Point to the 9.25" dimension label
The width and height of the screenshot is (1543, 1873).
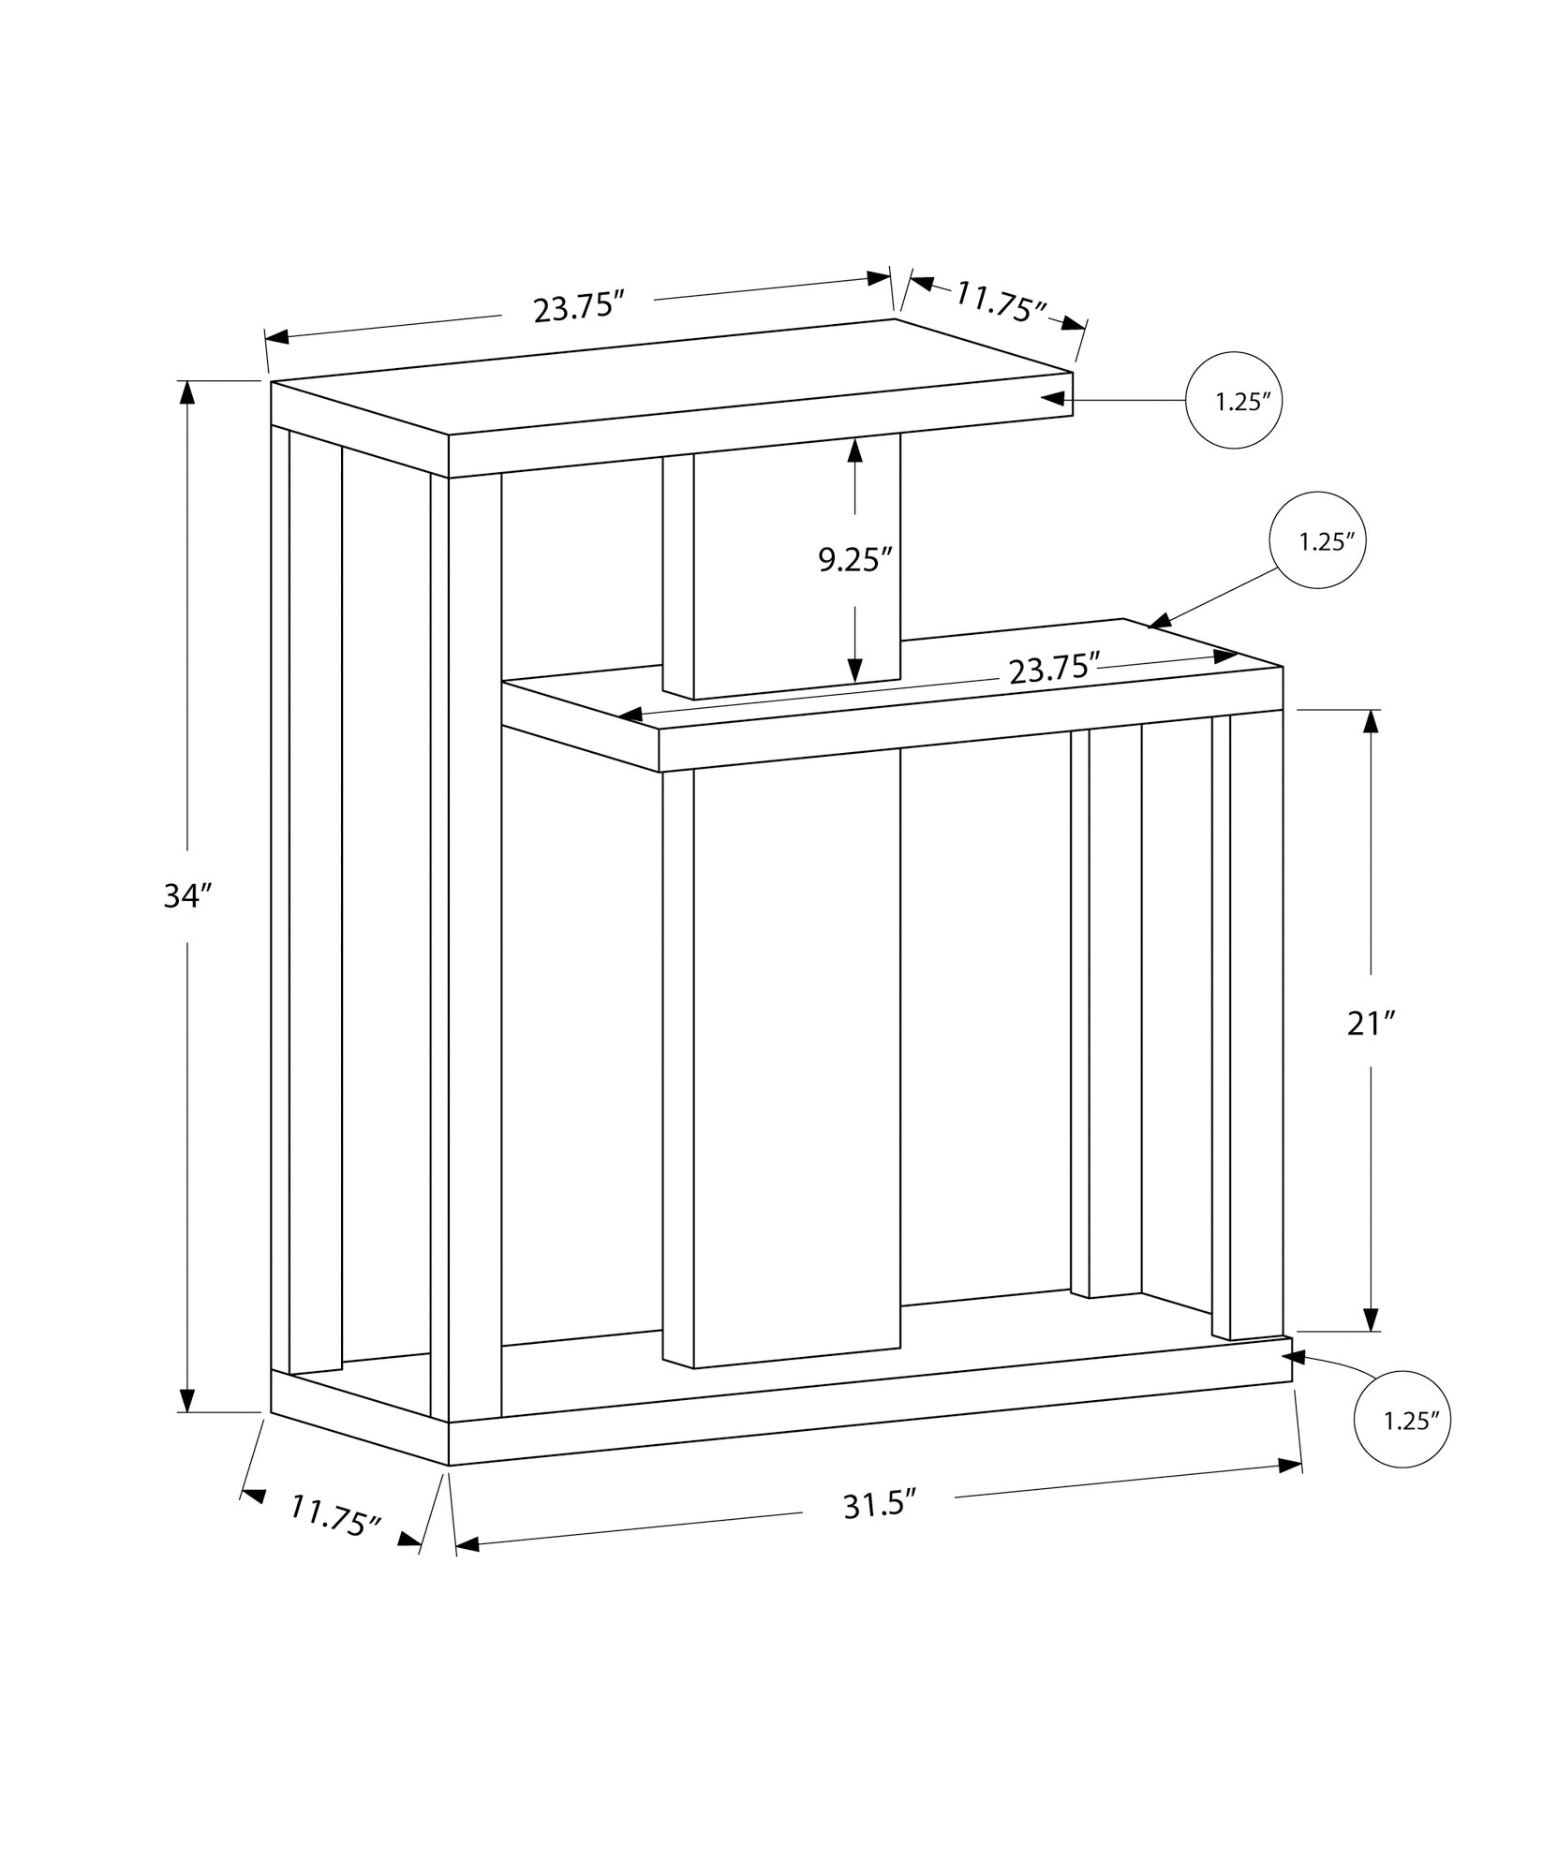coord(853,559)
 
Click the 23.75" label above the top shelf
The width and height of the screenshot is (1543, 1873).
coord(579,308)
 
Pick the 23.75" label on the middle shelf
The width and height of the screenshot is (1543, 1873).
coord(1053,669)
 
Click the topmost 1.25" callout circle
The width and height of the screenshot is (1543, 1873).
coord(1234,402)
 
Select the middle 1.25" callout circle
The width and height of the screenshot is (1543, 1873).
coord(1317,540)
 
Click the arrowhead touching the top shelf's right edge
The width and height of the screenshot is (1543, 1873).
coord(1055,399)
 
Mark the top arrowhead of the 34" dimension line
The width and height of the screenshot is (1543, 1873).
coord(187,392)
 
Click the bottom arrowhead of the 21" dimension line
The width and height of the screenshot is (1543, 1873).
coord(1372,1318)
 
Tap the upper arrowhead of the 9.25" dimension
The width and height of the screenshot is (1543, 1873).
coord(854,450)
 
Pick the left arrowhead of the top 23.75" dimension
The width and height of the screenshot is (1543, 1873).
coord(278,337)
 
